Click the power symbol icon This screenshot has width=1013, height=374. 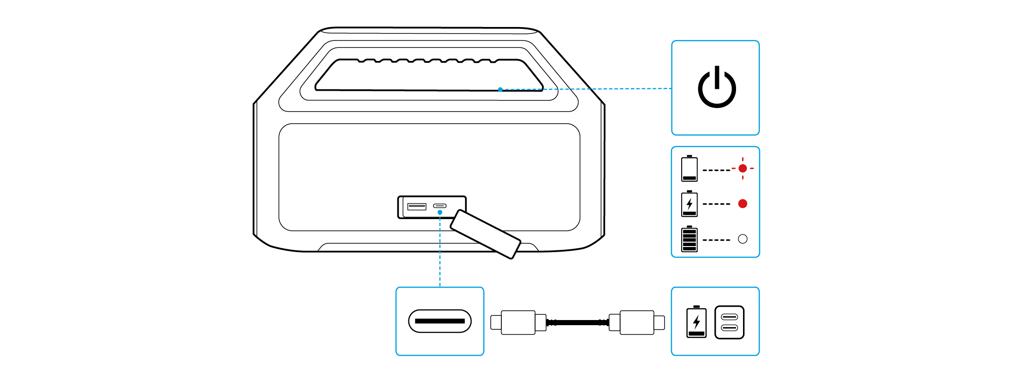pos(717,87)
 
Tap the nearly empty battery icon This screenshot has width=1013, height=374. pos(689,168)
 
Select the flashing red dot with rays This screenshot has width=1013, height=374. pos(743,168)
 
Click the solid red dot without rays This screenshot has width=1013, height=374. pos(743,204)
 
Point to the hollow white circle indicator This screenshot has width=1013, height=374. pos(743,239)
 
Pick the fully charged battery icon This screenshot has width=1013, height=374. pos(689,239)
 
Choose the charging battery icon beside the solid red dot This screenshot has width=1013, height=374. pos(689,204)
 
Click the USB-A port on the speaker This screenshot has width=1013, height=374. pos(416,206)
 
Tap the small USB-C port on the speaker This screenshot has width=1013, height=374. pos(440,206)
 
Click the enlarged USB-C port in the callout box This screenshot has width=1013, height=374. pos(440,321)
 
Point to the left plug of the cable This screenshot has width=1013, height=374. pos(518,322)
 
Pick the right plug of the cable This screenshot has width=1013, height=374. pos(637,322)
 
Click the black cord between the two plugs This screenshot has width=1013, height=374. pos(578,322)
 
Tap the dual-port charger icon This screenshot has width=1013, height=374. pos(729,322)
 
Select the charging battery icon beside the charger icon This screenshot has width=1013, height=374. pos(696,322)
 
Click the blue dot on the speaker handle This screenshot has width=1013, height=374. pos(500,89)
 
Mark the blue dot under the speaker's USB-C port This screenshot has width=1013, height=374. pos(440,213)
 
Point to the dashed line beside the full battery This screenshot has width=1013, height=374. pos(717,240)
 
